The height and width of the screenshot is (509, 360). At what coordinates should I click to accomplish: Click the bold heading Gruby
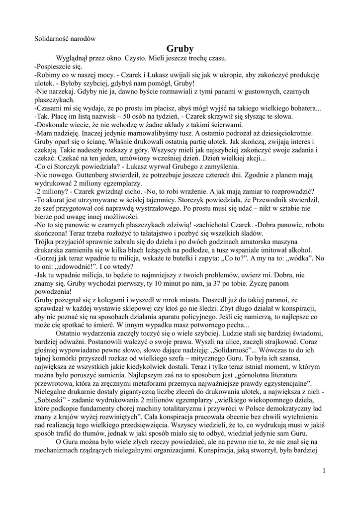click(x=180, y=49)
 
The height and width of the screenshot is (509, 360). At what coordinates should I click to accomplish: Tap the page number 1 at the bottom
click(x=324, y=470)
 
